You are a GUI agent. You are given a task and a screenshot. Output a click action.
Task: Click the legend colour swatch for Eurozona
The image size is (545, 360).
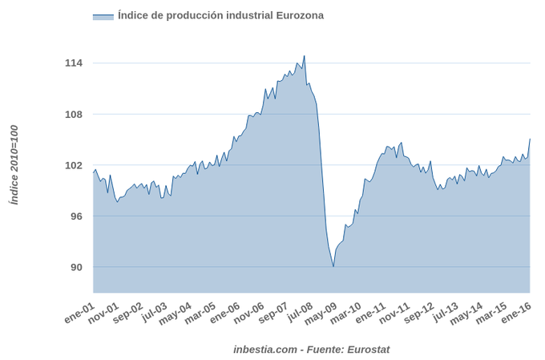[103, 16]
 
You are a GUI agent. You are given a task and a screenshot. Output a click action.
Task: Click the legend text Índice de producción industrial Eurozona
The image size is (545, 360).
[220, 15]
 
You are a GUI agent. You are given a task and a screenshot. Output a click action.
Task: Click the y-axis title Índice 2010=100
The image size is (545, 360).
[14, 164]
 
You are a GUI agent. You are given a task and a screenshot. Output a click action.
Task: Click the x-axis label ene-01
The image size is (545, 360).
[80, 313]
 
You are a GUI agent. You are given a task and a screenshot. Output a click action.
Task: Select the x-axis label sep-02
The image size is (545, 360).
[128, 313]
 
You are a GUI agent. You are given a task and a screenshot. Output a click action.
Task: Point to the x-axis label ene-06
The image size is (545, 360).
[225, 313]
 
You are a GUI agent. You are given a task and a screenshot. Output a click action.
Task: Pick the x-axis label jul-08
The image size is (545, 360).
[298, 313]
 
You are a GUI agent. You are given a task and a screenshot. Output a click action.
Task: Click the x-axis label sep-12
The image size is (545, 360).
[419, 313]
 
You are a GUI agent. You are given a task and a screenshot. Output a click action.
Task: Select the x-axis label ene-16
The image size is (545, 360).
[515, 313]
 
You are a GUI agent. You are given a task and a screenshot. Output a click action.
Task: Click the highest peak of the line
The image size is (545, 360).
[305, 56]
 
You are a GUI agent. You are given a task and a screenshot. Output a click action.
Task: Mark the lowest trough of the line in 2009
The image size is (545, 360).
[333, 266]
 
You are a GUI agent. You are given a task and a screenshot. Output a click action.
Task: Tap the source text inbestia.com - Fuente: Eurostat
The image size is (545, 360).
[312, 350]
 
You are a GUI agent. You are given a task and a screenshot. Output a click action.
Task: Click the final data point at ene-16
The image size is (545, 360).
[530, 140]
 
